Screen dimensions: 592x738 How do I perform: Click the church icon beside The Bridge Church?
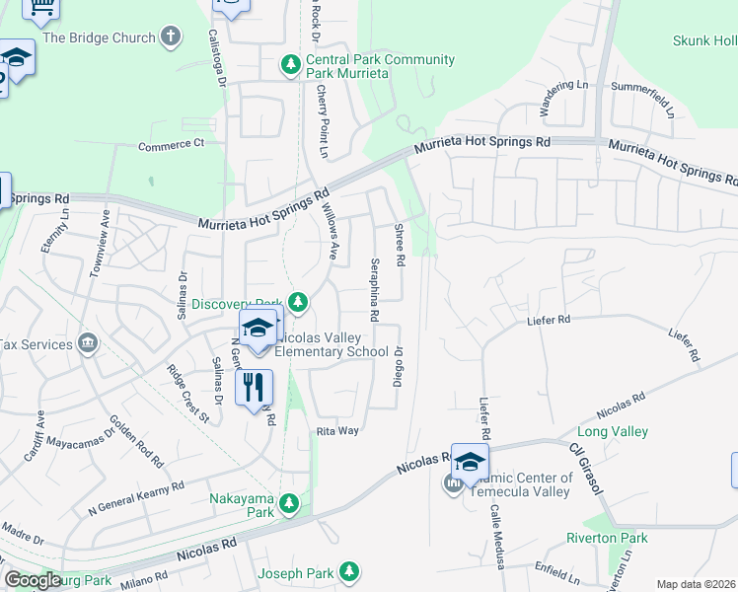[x=171, y=37]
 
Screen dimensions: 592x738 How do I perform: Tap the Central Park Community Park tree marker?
[x=290, y=66]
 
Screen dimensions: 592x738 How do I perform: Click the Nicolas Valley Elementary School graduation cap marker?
[x=258, y=329]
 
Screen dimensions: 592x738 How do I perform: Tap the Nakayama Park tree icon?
[x=289, y=504]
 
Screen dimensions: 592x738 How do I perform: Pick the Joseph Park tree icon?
[x=348, y=571]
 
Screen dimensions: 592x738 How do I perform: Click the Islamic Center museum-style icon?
[x=453, y=483]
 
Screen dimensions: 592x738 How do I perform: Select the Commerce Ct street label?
[x=171, y=144]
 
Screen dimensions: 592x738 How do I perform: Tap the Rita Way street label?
[x=337, y=431]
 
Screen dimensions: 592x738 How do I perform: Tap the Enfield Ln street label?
[x=554, y=574]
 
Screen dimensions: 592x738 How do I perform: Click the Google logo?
[x=33, y=580]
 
